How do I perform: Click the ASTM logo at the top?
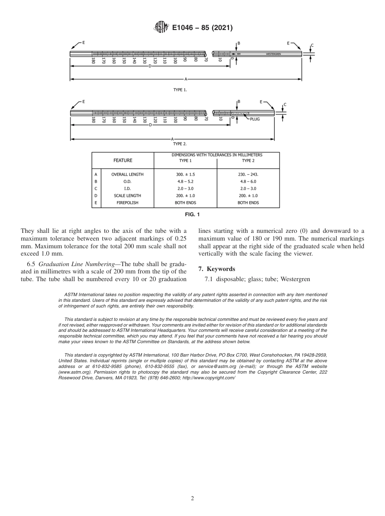click(x=161, y=28)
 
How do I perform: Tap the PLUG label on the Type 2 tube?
click(x=255, y=119)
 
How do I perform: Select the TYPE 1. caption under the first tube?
click(x=180, y=90)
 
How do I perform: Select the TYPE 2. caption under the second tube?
click(x=180, y=144)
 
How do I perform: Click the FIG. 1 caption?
click(x=192, y=214)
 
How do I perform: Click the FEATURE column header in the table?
click(x=123, y=160)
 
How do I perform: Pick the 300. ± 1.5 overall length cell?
click(x=185, y=174)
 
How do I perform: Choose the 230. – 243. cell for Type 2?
click(x=248, y=174)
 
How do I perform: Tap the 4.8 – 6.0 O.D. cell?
click(x=248, y=181)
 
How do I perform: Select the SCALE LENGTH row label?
click(x=126, y=196)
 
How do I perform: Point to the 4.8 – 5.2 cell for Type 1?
click(x=185, y=181)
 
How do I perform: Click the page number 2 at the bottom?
click(x=192, y=499)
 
